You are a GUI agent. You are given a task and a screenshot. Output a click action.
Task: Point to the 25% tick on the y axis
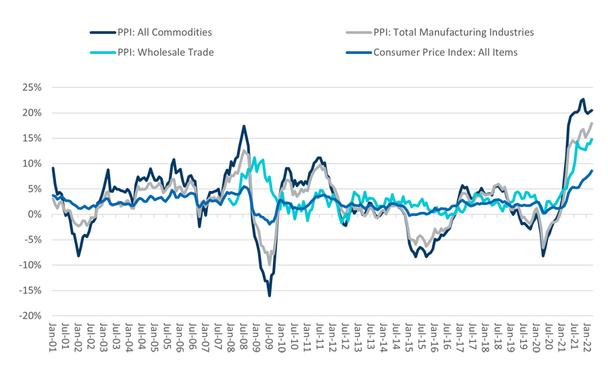pos(31,87)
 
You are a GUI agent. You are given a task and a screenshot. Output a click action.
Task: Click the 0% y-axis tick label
pos(34,215)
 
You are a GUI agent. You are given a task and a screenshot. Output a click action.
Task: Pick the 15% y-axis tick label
pos(31,138)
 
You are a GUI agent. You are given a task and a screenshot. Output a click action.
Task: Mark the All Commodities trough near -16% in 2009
pos(270,295)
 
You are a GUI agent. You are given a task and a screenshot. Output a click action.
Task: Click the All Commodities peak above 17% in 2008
pos(244,126)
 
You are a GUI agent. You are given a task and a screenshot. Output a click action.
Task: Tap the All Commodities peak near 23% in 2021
pos(582,99)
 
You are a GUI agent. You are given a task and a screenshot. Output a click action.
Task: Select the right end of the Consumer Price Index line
pos(592,171)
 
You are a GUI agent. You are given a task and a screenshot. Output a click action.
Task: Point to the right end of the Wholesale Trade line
pos(592,140)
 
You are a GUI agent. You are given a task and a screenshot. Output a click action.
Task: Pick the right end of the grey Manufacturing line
pos(592,123)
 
